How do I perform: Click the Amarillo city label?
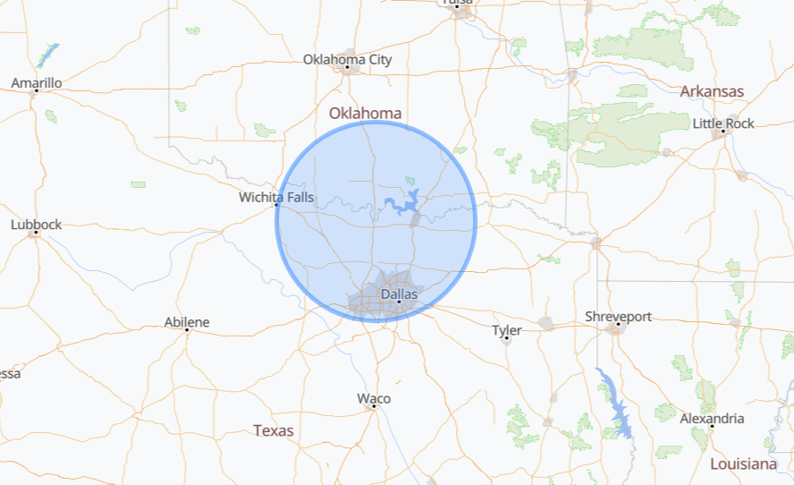click(x=37, y=83)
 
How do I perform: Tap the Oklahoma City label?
click(x=347, y=60)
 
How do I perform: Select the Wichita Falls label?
click(x=276, y=197)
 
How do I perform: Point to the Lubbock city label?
click(x=37, y=225)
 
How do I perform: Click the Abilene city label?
click(x=187, y=322)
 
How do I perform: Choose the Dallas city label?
click(x=399, y=294)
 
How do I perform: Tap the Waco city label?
click(x=374, y=398)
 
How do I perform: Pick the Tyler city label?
click(x=506, y=330)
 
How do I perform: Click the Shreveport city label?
click(x=618, y=317)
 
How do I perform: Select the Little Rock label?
click(x=723, y=123)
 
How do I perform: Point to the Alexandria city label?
click(x=712, y=418)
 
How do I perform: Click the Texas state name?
click(x=273, y=430)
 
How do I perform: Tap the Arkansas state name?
click(x=712, y=91)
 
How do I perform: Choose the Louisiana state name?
click(x=743, y=464)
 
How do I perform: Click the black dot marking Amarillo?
click(x=37, y=91)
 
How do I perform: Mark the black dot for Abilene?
click(x=187, y=330)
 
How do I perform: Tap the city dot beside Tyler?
click(x=506, y=338)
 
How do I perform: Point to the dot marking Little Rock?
click(x=722, y=132)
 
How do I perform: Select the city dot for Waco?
click(x=374, y=406)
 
